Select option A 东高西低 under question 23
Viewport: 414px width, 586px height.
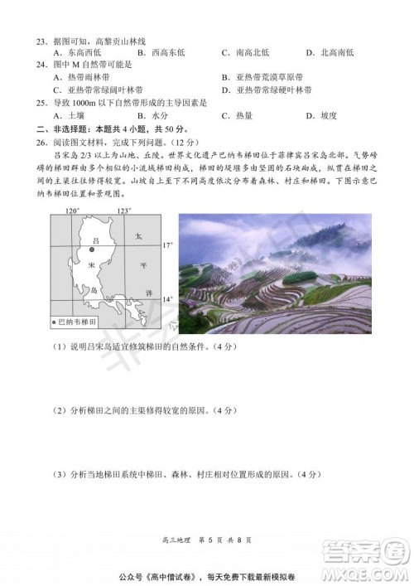coord(81,52)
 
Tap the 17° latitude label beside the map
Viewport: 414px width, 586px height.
coord(166,246)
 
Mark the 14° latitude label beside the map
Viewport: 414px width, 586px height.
coord(166,298)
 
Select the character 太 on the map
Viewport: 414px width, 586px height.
coord(139,237)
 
